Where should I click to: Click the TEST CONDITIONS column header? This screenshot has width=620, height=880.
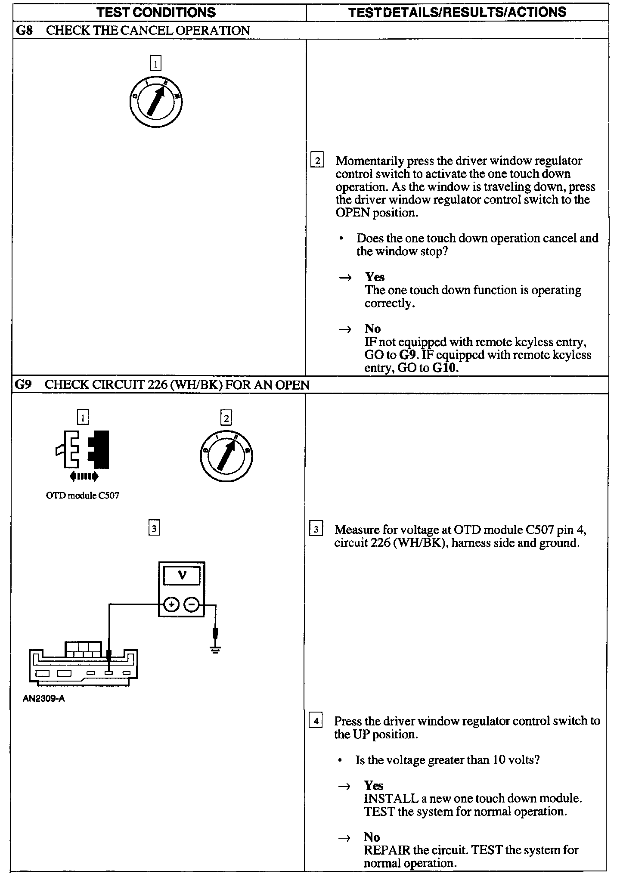156,12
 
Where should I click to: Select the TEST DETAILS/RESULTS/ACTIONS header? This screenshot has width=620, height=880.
457,12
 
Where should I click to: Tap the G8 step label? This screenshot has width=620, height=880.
24,31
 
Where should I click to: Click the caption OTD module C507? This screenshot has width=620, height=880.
82,496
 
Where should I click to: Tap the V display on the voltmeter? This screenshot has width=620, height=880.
182,575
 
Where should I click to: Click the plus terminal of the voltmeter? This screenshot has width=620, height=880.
171,605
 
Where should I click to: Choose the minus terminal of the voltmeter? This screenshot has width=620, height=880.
192,605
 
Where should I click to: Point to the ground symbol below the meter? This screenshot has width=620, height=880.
215,649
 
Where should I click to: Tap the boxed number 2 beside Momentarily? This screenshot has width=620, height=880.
317,161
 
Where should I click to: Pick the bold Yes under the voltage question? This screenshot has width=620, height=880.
373,785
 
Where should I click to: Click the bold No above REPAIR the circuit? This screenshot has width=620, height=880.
372,837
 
